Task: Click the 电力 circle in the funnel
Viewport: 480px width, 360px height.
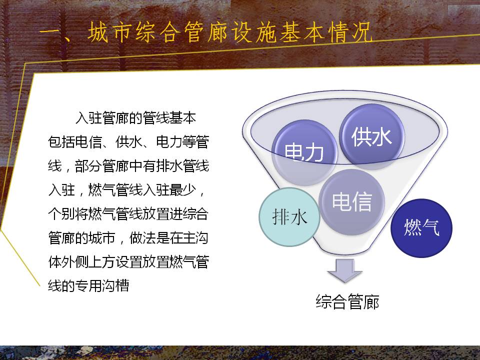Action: pos(304,152)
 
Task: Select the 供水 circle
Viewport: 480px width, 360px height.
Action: pos(371,137)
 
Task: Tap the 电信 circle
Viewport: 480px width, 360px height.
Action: pos(351,202)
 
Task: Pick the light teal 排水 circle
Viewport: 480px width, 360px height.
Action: pos(289,217)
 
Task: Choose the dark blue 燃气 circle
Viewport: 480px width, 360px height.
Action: pos(421,228)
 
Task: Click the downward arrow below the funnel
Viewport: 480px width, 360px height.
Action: pos(344,270)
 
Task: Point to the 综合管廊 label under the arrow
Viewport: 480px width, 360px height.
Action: pos(347,301)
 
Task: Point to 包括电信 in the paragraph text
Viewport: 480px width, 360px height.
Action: pos(75,141)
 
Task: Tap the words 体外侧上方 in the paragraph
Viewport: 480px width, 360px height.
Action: pos(81,261)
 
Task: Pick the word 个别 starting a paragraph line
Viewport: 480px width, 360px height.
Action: pos(61,213)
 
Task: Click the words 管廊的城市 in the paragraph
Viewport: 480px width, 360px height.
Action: pos(81,238)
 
